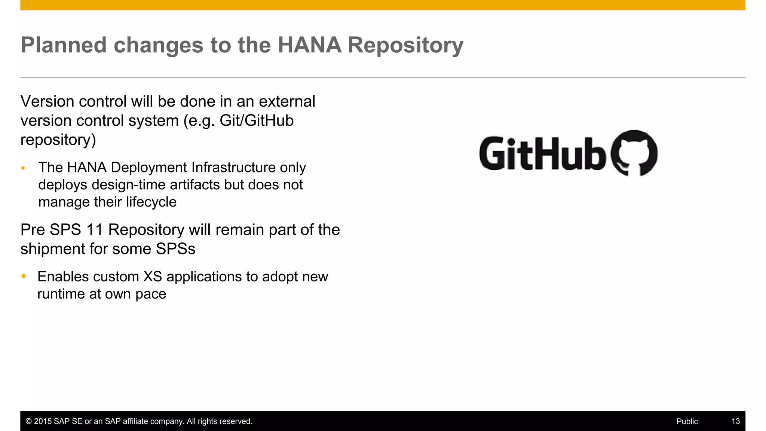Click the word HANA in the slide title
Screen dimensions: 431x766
coord(309,45)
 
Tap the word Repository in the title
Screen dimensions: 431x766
coord(405,46)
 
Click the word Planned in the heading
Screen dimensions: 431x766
coord(64,45)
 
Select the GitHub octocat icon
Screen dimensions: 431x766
coord(634,153)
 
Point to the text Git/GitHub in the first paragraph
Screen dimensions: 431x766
coord(256,120)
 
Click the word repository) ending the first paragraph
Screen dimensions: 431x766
coord(58,140)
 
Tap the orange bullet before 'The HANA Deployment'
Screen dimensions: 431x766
coord(23,168)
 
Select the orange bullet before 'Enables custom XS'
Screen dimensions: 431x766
coord(24,276)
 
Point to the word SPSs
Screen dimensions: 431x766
coord(175,249)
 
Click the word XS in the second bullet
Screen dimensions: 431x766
coord(153,277)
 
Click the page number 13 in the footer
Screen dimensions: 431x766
coord(735,421)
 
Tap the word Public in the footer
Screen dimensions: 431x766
coord(687,421)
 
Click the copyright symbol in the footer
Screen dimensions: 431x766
coord(28,421)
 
